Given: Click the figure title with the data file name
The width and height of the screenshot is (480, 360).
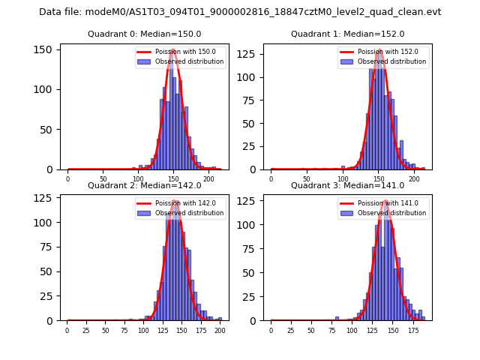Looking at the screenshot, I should coord(240,12).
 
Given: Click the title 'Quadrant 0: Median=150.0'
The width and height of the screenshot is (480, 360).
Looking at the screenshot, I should coord(145,34).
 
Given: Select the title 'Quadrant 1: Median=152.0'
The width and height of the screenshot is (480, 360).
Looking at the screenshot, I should coord(347,34).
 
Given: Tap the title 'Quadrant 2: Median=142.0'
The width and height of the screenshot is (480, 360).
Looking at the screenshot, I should coord(145,185).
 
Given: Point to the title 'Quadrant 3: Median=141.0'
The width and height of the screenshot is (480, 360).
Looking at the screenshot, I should coord(347,185).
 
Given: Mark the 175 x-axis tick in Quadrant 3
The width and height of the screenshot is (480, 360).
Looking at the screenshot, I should coord(412,330).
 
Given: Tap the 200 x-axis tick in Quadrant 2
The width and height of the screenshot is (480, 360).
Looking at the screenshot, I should coord(220,330).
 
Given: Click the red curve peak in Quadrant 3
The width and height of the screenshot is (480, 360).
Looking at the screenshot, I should coord(385,200).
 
